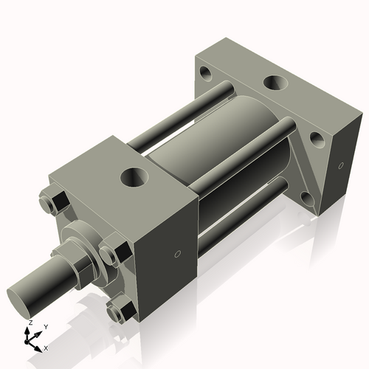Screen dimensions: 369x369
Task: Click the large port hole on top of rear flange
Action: coord(277,83)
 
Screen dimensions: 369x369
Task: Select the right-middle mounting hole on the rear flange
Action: coord(317,138)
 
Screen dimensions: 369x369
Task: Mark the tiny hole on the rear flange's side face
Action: coord(341,165)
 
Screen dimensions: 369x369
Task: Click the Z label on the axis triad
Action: coord(29,323)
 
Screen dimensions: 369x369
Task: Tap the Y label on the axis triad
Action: coord(46,326)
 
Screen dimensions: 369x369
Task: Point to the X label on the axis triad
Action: coord(46,348)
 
